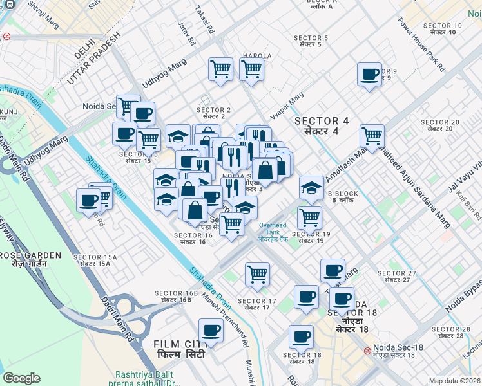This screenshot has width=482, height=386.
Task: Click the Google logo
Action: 21,378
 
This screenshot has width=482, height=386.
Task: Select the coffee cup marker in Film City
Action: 211,331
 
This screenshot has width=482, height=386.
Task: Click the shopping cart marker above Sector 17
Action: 258,274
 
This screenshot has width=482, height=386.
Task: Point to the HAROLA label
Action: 254,56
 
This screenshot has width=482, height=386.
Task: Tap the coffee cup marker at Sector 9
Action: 370,75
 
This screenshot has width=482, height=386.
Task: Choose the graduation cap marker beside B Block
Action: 312,188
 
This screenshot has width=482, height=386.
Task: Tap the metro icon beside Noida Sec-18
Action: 366,351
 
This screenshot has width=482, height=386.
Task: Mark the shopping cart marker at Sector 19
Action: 310,219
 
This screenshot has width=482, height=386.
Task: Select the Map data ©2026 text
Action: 454,381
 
